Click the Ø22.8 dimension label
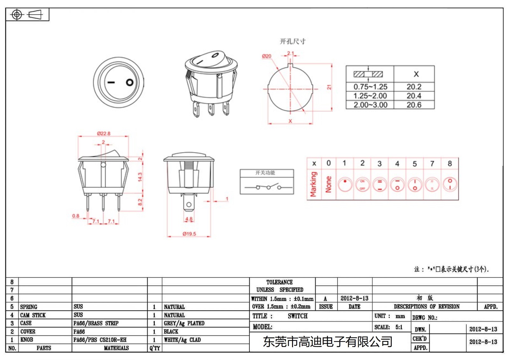(x=104, y=133)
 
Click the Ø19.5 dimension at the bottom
(x=189, y=234)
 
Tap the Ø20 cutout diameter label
(x=267, y=56)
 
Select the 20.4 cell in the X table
(x=414, y=96)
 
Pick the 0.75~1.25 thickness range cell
(x=370, y=87)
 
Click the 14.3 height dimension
(x=140, y=177)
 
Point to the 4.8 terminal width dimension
(x=189, y=219)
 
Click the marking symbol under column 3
(x=380, y=185)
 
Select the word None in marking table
(x=329, y=184)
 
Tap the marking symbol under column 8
(x=450, y=184)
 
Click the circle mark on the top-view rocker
(x=130, y=82)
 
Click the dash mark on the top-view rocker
(x=111, y=82)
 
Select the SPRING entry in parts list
(x=29, y=307)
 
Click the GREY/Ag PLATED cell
(x=184, y=323)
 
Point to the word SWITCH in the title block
(x=298, y=316)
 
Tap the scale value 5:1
(x=399, y=327)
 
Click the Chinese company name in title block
(x=328, y=342)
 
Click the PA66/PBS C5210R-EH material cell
(x=100, y=340)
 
